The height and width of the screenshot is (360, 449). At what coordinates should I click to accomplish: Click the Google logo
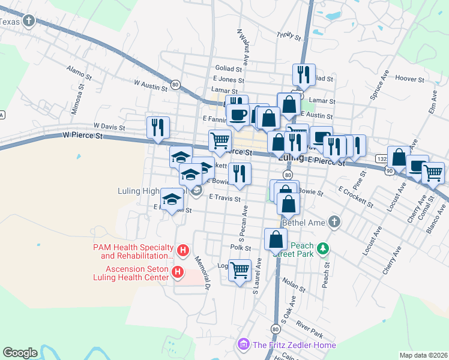[x=20, y=353]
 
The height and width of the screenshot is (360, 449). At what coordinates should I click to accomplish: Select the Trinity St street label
[x=289, y=37]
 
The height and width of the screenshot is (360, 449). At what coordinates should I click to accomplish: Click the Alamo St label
[x=79, y=74]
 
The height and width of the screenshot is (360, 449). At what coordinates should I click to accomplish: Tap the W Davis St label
[x=109, y=127]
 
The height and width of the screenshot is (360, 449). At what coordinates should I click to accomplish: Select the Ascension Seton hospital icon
[x=178, y=272]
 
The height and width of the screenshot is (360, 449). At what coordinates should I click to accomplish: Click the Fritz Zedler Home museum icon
[x=243, y=344]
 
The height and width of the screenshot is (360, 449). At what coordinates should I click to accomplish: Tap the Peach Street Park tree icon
[x=323, y=248]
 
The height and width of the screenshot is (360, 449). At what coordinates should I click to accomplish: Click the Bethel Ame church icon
[x=335, y=223]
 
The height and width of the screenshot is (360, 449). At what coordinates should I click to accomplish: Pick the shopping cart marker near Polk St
[x=240, y=271]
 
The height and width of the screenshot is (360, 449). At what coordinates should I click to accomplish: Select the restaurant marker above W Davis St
[x=158, y=128]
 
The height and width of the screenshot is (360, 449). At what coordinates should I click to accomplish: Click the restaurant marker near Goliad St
[x=303, y=75]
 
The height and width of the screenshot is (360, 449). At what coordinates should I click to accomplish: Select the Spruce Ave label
[x=379, y=86]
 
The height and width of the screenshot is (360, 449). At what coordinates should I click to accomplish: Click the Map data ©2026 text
[x=423, y=355]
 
